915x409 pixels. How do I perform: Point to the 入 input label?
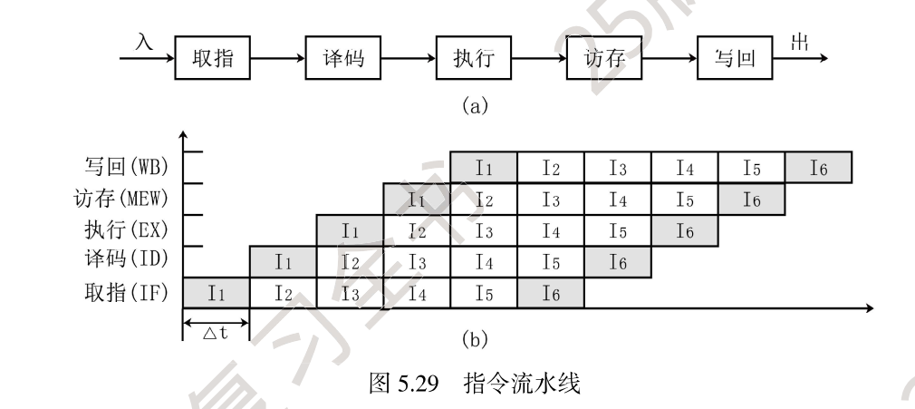pos(144,44)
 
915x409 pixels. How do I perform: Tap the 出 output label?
pos(801,44)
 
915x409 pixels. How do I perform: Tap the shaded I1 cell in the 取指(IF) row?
pos(216,292)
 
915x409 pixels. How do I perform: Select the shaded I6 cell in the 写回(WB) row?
pos(819,167)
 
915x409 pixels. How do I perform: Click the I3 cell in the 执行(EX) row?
pos(484,230)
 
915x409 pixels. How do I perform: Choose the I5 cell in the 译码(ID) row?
pos(551,261)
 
